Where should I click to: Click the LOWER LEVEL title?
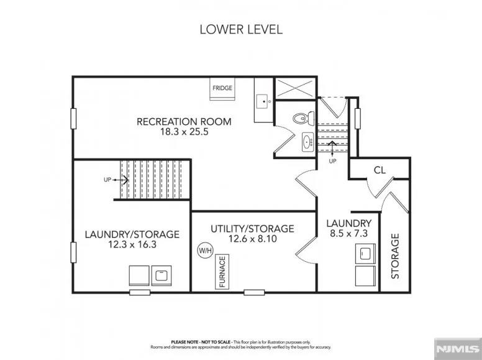click(240, 29)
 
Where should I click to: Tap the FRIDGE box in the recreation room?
click(222, 88)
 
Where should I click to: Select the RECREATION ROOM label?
click(184, 121)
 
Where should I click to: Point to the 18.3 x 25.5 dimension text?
click(184, 132)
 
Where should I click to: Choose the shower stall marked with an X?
click(295, 88)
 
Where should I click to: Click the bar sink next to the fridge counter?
click(263, 99)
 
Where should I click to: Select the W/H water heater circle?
click(205, 250)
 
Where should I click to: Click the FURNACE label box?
click(222, 273)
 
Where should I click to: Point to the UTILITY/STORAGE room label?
click(252, 229)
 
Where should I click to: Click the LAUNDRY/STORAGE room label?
click(132, 234)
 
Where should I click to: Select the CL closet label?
click(380, 170)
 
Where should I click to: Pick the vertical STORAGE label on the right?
click(395, 256)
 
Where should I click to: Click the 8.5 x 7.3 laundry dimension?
click(348, 234)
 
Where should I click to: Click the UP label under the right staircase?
click(332, 161)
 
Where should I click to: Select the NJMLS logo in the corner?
click(457, 348)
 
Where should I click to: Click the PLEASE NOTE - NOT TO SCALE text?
click(201, 342)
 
